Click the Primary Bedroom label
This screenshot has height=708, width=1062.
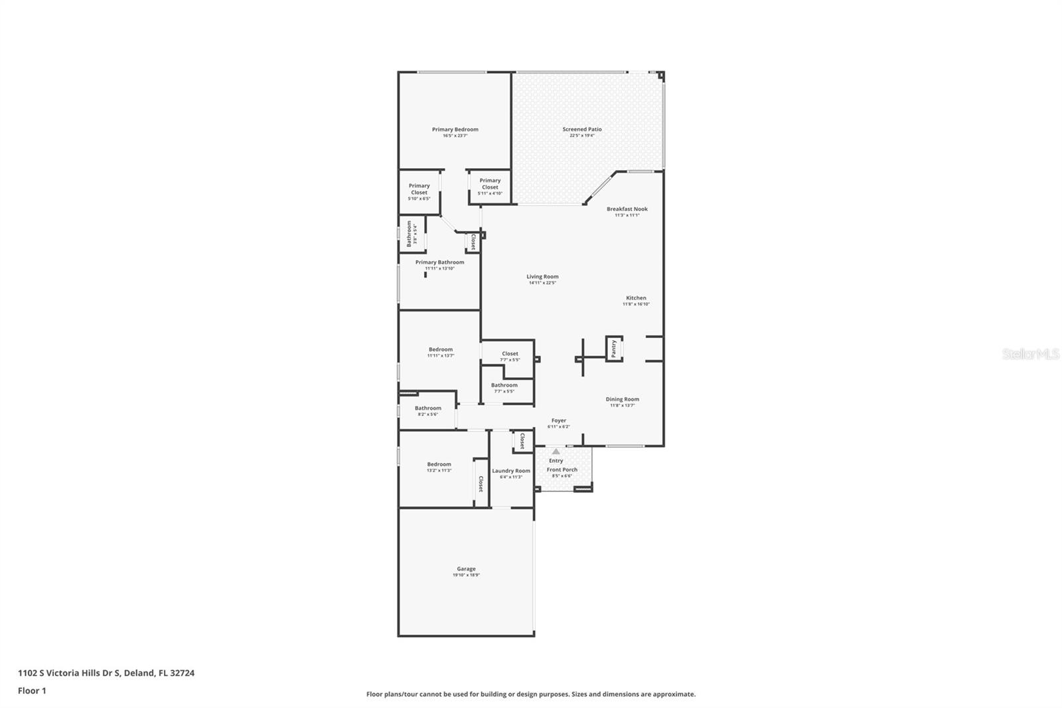[x=455, y=130]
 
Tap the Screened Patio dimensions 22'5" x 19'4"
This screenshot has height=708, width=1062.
[x=582, y=135]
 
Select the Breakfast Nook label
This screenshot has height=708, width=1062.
[x=627, y=209]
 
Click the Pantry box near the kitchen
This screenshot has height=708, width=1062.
[x=614, y=348]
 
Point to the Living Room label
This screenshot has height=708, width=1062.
[x=542, y=277]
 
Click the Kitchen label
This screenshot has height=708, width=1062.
[x=636, y=298]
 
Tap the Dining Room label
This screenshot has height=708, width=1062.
[x=622, y=400]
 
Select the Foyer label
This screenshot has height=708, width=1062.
[x=559, y=420]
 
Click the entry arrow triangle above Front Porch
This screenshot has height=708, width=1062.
[x=556, y=452]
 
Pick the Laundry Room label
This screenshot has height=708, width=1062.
[x=511, y=471]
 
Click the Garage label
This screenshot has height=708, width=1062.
[x=466, y=569]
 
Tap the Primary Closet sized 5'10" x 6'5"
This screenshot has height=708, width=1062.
[x=419, y=192]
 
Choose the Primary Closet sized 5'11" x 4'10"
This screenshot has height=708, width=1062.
[x=490, y=187]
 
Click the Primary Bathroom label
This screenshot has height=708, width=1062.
[x=439, y=262]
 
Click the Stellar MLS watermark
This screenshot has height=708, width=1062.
[x=1030, y=354]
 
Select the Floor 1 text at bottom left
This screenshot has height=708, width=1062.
[x=32, y=691]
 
